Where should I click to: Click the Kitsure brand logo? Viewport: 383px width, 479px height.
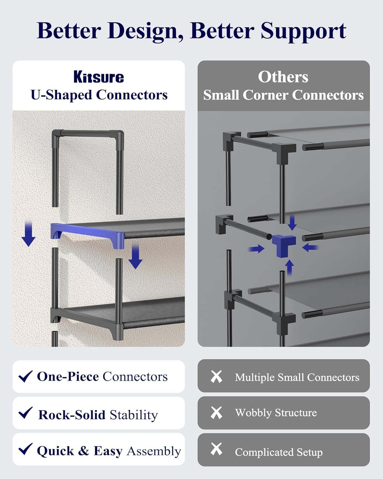click(x=99, y=77)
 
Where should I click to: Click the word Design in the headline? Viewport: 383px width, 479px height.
click(x=146, y=31)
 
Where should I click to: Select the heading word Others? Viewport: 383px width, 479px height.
click(x=283, y=77)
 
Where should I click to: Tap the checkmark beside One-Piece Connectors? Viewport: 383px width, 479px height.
click(x=25, y=376)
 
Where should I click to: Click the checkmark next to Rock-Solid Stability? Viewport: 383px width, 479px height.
click(x=25, y=413)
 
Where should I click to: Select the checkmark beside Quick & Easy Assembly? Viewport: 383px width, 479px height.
click(x=25, y=449)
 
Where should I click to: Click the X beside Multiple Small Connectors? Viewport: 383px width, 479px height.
click(x=216, y=376)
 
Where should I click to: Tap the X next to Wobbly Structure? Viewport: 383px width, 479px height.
click(x=216, y=413)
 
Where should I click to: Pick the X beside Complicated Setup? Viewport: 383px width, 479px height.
click(x=216, y=449)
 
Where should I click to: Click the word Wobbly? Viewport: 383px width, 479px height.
click(x=253, y=413)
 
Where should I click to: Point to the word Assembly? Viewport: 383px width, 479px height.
click(x=154, y=452)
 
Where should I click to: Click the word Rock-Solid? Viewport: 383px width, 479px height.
click(x=72, y=415)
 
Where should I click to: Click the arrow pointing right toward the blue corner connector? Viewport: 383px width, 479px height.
click(x=256, y=249)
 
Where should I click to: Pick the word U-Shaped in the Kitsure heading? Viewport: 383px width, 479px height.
click(x=61, y=95)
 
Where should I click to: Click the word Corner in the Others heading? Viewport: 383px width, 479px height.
click(x=266, y=95)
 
